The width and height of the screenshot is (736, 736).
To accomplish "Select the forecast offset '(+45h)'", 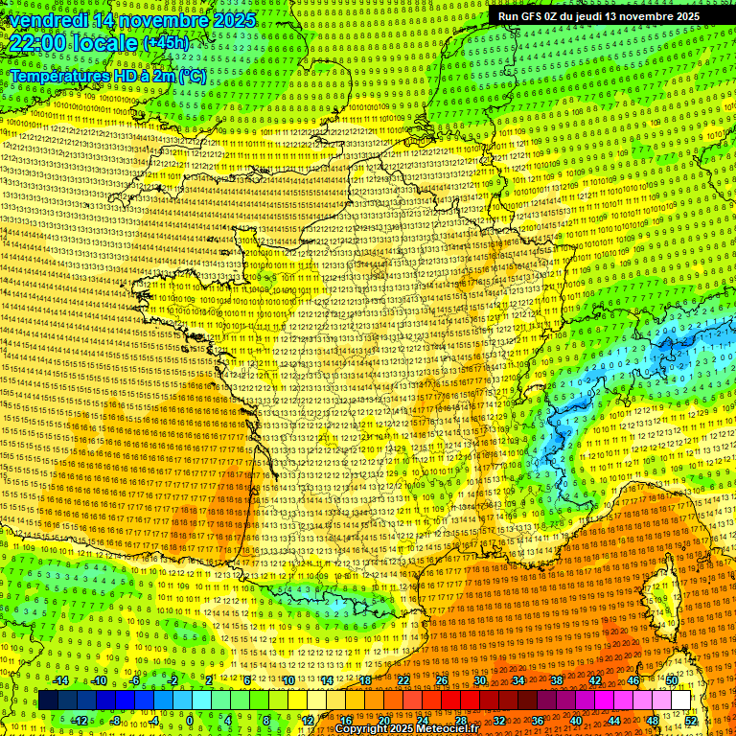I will [166, 43].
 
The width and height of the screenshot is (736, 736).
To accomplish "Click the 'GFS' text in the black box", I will [536, 16].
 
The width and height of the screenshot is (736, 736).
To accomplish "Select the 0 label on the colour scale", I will [191, 720].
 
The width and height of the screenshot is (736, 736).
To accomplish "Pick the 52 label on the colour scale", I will [691, 720].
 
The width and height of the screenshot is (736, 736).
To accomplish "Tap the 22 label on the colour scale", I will [403, 680].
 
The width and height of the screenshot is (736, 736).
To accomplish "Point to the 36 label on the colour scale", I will [537, 720].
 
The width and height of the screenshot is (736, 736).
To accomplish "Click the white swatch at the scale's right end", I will [681, 701].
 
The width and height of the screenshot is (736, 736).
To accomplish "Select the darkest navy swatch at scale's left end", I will [48, 701].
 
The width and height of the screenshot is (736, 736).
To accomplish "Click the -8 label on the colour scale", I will [116, 720].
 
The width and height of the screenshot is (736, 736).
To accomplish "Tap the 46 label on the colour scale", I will [633, 680].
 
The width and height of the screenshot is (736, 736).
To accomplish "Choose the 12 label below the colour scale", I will [308, 720].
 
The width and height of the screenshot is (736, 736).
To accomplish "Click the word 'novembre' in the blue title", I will [164, 20].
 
